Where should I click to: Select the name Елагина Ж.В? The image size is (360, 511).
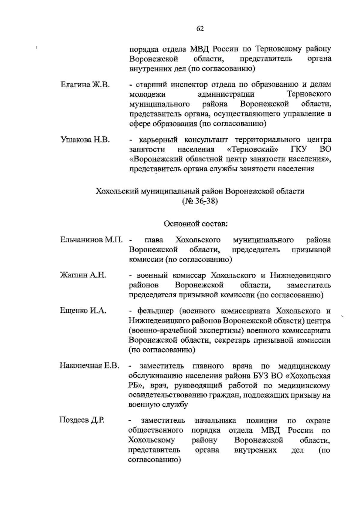(85, 84)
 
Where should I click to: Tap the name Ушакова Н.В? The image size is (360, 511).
(85, 140)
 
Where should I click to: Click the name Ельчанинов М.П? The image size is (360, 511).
(92, 240)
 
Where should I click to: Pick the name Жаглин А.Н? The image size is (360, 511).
(83, 275)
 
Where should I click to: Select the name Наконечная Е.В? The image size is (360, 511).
(90, 366)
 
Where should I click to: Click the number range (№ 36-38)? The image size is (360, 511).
(200, 201)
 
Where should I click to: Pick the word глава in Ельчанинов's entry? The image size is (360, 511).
(154, 240)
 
